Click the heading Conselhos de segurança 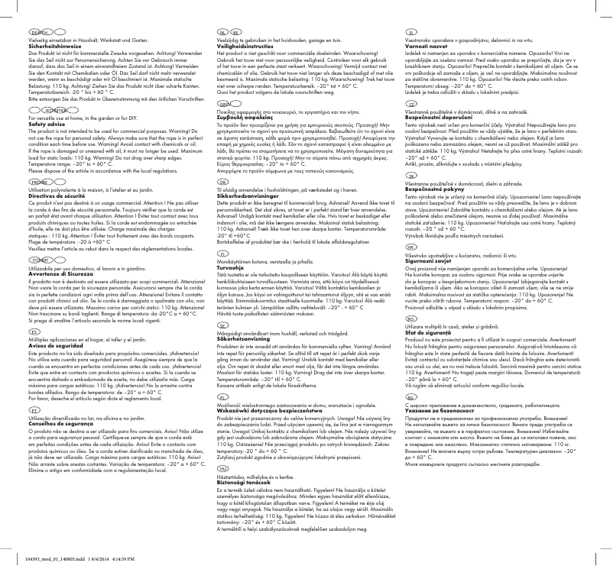(49, 425)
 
